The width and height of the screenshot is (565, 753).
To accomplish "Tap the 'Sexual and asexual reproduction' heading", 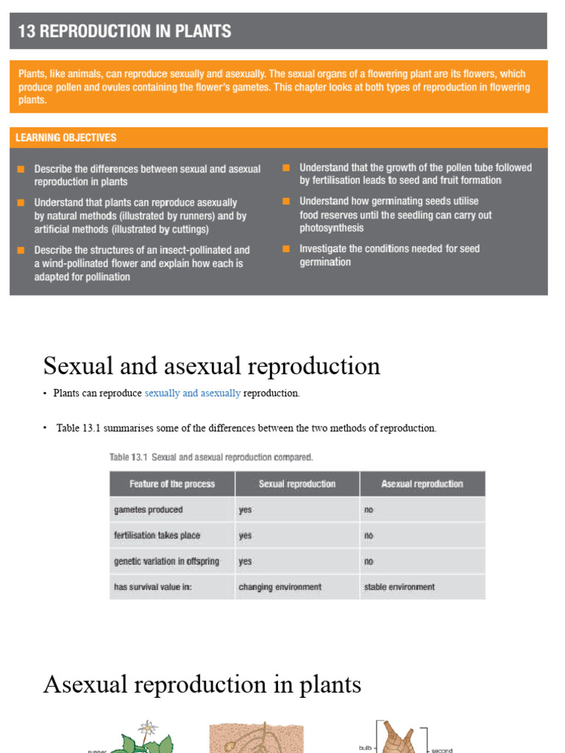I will click(212, 365).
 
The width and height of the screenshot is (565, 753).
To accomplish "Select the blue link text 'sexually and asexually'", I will click(193, 393).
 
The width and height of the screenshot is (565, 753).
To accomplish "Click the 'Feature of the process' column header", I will click(172, 484).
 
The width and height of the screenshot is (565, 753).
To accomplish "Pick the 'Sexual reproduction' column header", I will click(297, 484).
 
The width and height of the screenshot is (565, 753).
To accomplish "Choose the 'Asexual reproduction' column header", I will click(422, 484).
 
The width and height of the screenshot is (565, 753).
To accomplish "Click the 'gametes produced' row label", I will click(149, 510).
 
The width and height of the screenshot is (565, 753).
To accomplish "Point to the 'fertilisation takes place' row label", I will click(157, 535).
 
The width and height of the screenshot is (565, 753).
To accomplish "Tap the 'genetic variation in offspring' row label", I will click(166, 561).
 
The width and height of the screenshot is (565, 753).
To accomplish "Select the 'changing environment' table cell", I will click(280, 587).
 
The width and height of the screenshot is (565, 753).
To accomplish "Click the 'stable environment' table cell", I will click(399, 587).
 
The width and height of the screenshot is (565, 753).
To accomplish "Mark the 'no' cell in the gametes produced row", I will click(369, 510).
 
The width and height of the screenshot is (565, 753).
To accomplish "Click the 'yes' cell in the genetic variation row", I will click(245, 561).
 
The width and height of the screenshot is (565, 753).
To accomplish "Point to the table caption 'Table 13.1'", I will click(129, 457).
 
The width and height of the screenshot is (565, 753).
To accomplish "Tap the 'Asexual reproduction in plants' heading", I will click(202, 685).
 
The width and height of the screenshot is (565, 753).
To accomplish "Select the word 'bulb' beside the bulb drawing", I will click(366, 747).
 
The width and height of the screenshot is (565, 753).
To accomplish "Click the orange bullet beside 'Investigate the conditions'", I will click(287, 249).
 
